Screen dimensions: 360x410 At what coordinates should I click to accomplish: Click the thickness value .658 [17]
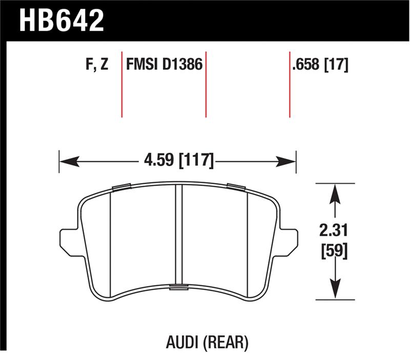319,66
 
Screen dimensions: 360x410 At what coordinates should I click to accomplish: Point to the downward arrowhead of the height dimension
334,290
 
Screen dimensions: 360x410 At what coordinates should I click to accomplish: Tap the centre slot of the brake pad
179,236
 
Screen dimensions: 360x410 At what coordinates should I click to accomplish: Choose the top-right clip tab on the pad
236,186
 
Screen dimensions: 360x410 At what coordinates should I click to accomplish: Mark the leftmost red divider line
122,84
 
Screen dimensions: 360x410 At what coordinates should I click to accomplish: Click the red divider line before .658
290,84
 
